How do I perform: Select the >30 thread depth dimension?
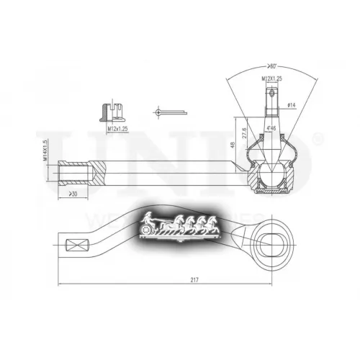point(73,194)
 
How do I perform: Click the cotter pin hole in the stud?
point(271,92)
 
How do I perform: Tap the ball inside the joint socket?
point(271,175)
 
